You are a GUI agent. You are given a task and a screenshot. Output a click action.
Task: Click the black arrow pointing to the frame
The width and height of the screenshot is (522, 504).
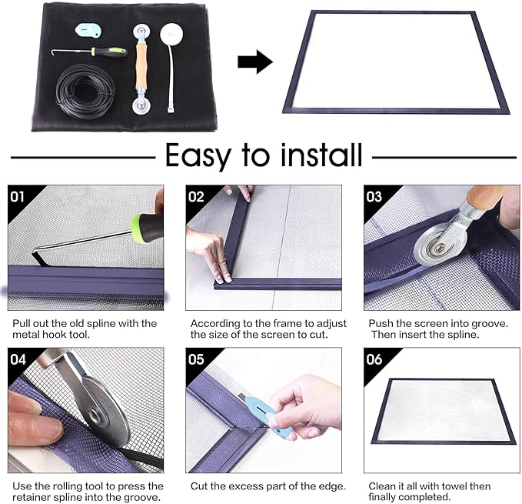click(254, 62)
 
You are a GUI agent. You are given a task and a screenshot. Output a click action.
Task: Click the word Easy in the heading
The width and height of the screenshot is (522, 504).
click(200, 156)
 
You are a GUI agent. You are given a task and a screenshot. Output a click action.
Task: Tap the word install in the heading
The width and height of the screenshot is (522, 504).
click(315, 156)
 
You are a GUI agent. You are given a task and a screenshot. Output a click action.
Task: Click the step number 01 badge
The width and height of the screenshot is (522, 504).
click(17, 196)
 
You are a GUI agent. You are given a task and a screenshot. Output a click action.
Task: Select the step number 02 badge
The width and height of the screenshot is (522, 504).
click(196, 196)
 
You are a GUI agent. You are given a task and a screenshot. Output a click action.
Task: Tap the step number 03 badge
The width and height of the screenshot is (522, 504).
click(374, 196)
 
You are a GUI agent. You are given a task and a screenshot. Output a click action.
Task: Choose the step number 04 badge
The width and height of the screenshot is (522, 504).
click(17, 359)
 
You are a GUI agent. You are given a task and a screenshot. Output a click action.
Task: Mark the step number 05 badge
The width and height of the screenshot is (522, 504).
click(196, 359)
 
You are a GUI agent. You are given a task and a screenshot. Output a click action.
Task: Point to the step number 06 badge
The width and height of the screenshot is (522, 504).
click(374, 359)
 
